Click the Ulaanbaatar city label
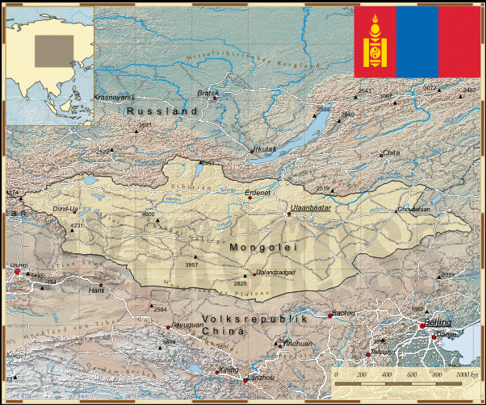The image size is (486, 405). click(311, 207)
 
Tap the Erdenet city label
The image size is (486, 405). click(261, 194)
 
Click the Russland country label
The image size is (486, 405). click(162, 111)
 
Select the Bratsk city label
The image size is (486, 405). click(207, 93)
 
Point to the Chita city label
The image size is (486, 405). click(392, 152)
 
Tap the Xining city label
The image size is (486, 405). click(229, 369)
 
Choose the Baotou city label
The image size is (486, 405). click(343, 312)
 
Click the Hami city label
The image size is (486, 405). click(96, 289)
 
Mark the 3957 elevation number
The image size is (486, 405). click(191, 265)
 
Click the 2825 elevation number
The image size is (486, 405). click(241, 283)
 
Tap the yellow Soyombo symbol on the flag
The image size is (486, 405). click(375, 40)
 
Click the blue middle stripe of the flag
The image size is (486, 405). click(417, 40)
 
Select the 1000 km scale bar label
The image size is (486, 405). click(467, 375)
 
